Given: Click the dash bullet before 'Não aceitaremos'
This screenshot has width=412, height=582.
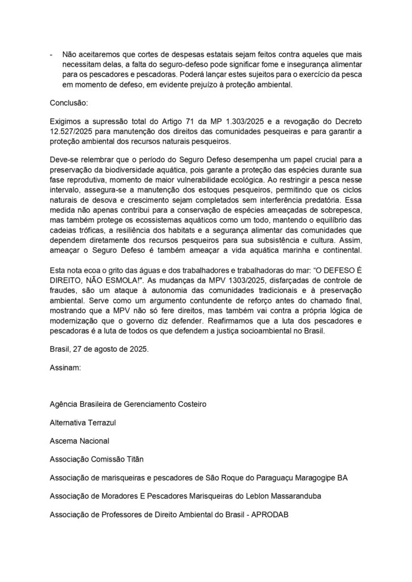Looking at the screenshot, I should point(52,54).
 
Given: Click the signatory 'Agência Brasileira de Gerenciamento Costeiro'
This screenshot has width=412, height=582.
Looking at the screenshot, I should point(128,404).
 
